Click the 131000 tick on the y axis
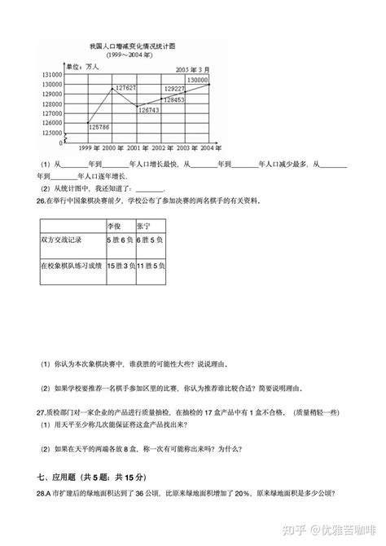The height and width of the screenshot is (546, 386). pyautogui.click(x=52, y=74)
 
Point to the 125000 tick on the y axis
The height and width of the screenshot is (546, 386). pyautogui.click(x=52, y=133)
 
